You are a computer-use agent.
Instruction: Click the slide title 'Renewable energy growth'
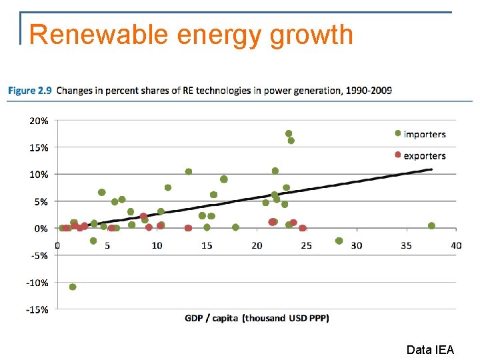point(191,35)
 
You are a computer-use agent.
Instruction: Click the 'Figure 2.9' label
point(31,91)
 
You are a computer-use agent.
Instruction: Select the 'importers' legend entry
point(424,134)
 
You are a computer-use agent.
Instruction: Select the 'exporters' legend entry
point(424,156)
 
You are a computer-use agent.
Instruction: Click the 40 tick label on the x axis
point(456,246)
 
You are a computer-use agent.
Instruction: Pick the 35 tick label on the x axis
point(407,246)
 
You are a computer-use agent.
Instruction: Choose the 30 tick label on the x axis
point(357,246)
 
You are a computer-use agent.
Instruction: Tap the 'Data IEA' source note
point(430,349)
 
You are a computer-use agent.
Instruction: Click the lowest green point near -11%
point(73,287)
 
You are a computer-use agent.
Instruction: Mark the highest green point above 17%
point(289,133)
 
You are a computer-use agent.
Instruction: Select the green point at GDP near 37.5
point(431,226)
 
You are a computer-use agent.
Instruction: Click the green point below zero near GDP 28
point(339,241)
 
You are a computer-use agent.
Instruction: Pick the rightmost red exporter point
point(303,228)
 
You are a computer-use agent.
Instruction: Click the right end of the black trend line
point(431,169)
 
